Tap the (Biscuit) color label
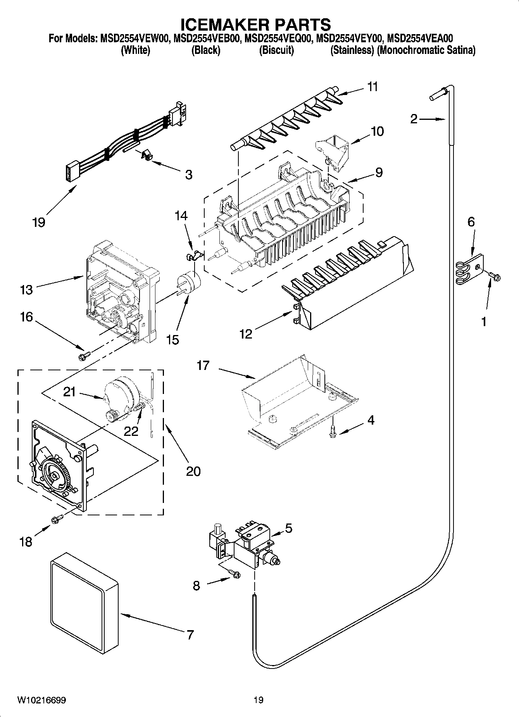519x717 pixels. click(x=276, y=50)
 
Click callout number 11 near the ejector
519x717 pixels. click(x=372, y=87)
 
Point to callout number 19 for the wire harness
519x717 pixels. click(x=39, y=222)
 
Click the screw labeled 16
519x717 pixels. click(x=84, y=355)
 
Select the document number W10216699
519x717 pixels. click(x=41, y=700)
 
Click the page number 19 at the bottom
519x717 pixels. click(x=258, y=700)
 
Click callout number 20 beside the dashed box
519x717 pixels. click(x=193, y=471)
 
